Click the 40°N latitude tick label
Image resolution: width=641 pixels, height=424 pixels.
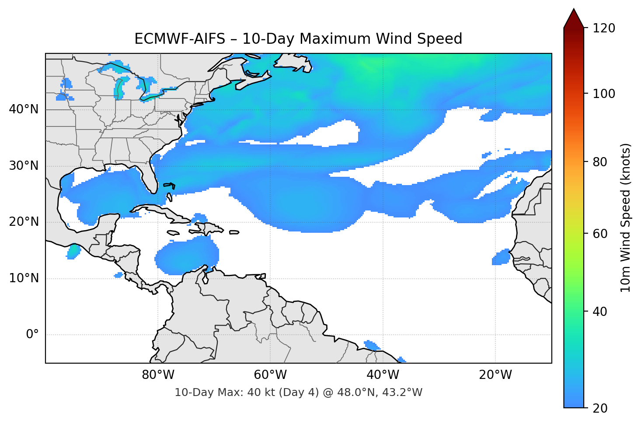click(23, 109)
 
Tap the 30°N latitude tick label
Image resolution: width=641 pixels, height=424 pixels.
click(23, 166)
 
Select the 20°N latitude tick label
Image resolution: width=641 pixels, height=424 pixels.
click(23, 222)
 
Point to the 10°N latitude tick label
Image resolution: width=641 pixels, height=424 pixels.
click(23, 278)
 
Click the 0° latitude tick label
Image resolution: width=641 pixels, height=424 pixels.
click(32, 335)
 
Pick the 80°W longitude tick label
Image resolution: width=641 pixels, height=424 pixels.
click(158, 375)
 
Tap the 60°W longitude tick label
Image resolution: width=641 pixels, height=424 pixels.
click(270, 375)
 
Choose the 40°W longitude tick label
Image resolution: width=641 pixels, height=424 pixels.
click(383, 375)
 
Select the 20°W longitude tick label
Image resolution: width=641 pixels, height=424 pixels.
click(495, 375)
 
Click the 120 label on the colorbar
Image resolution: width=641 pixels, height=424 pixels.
click(604, 28)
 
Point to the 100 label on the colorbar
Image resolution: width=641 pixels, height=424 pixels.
click(604, 94)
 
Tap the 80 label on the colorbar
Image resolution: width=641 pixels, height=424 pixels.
click(600, 162)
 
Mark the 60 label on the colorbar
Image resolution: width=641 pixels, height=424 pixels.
click(600, 234)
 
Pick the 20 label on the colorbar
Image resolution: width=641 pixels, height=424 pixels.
click(600, 408)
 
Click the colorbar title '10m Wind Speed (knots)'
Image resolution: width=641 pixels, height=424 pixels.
click(626, 217)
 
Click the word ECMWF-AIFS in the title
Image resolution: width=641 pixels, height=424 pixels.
click(179, 39)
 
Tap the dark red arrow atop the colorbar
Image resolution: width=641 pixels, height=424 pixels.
click(574, 18)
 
